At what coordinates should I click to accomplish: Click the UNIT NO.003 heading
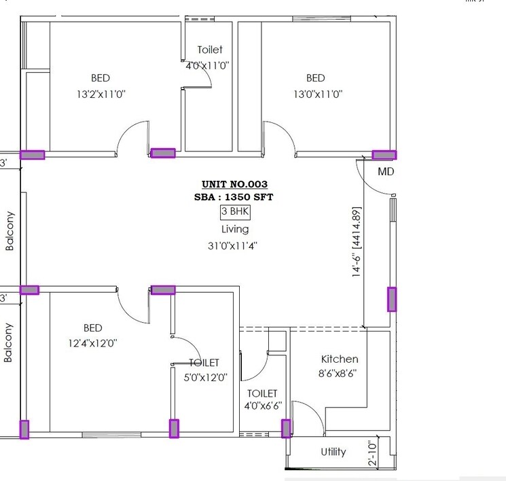[x=234, y=184]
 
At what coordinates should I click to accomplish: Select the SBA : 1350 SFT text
[x=234, y=197]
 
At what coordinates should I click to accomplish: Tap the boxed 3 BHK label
[x=235, y=212]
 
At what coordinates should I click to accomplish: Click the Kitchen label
[x=340, y=359]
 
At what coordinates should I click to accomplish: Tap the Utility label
[x=333, y=452]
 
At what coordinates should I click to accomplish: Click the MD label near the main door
[x=386, y=172]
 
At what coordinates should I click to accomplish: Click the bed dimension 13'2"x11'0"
[x=100, y=94]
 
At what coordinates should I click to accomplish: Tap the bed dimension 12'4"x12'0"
[x=92, y=343]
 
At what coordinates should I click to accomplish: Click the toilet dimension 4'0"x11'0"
[x=207, y=66]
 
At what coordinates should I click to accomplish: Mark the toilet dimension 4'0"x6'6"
[x=262, y=407]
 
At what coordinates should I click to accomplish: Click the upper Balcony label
[x=10, y=232]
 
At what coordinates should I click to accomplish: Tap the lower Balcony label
[x=9, y=342]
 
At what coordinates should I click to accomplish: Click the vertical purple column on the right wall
[x=392, y=299]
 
